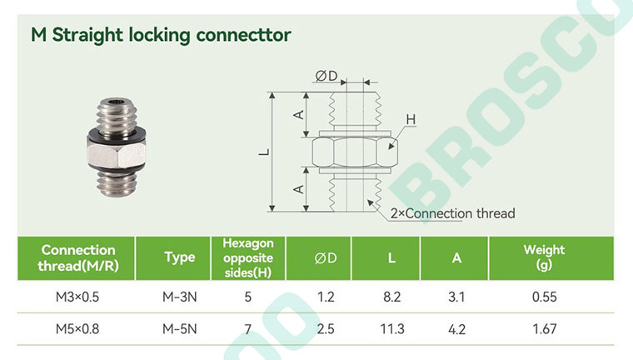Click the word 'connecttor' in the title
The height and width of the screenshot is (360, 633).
pos(243,35)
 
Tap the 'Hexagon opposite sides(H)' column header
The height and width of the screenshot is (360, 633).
pos(248,257)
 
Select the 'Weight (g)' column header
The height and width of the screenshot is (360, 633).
pos(544,257)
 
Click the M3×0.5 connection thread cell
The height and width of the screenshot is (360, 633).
pos(77,297)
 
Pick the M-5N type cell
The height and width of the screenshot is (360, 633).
pos(180,329)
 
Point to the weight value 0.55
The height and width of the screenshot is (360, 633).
pos(544,297)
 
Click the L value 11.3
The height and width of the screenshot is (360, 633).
pos(392,329)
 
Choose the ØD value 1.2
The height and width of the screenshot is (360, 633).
pos(326,297)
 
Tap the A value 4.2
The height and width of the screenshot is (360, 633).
pos(456,329)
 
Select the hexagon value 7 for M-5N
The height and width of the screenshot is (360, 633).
pos(248,329)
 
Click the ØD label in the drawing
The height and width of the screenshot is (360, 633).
pos(326,76)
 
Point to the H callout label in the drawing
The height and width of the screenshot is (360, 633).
pos(411,120)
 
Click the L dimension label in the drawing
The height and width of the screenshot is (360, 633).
pos(264,152)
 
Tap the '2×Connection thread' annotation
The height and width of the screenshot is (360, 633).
pos(452,213)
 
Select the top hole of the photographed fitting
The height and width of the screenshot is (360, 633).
pos(117,102)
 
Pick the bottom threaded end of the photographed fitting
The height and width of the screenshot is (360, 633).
pos(117,184)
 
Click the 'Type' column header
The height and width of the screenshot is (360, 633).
pos(180,257)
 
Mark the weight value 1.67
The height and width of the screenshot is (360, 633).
pos(544,329)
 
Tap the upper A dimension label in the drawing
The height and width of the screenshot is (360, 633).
pos(299,115)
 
